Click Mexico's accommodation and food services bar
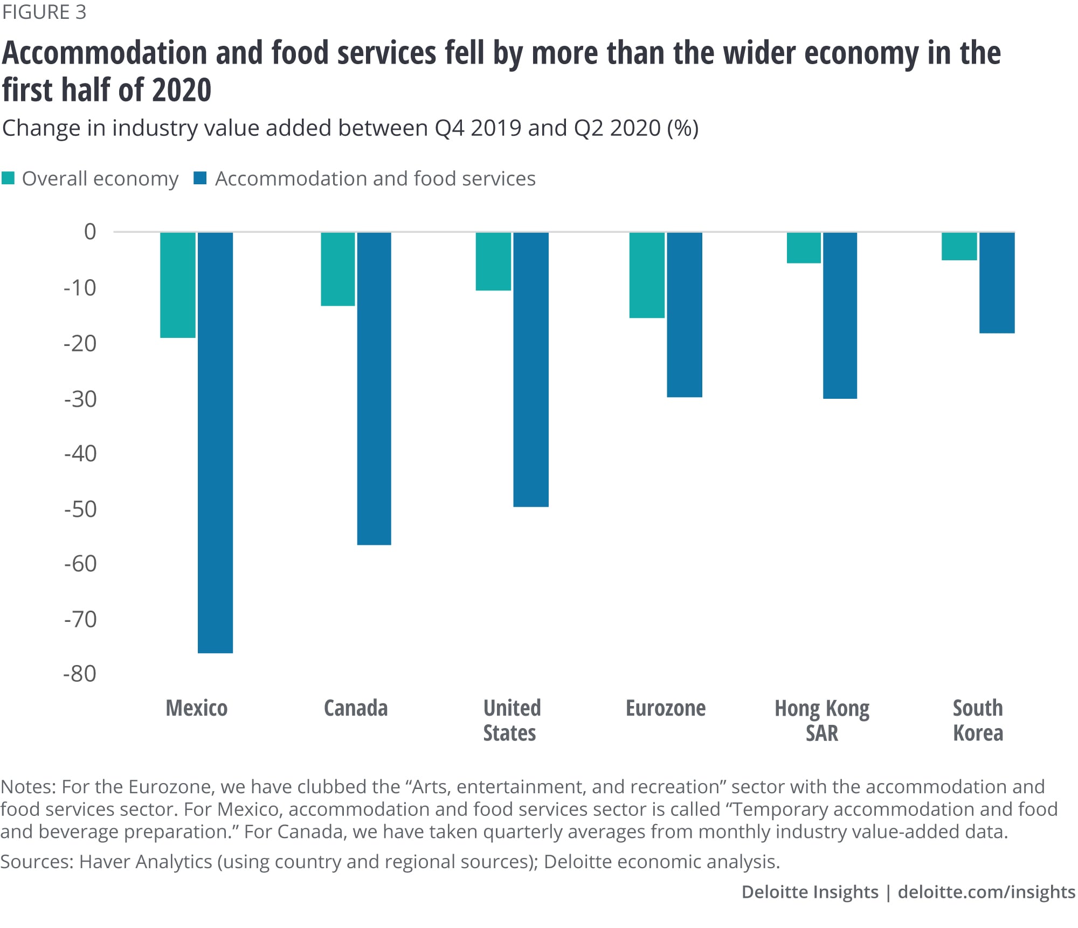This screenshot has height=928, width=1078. coord(215,442)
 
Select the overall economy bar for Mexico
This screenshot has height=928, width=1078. coord(178,285)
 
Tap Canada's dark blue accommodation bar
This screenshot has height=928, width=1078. coord(374,388)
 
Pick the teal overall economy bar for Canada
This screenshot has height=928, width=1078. coord(338,269)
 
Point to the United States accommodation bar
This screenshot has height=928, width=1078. coord(531,369)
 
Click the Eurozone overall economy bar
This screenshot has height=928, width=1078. coord(647,275)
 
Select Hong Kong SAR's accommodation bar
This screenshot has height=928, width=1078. coord(840,315)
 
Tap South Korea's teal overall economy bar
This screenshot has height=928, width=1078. coord(959,246)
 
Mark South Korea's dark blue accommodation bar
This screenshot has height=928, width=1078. coord(997,282)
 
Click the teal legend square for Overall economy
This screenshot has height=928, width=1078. coord(8,178)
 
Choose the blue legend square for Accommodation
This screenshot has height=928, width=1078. coord(200,178)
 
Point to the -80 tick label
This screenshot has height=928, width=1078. coord(80,674)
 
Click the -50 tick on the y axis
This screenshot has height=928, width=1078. coord(80,509)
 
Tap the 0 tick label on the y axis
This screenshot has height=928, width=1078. coord(90,232)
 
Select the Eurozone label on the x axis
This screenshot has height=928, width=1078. coord(666,708)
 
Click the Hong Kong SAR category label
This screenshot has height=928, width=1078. coord(822,720)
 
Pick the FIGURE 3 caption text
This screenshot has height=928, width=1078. coord(44,12)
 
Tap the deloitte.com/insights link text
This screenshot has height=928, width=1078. coord(986,892)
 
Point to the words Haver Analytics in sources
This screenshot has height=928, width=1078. coord(146,862)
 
